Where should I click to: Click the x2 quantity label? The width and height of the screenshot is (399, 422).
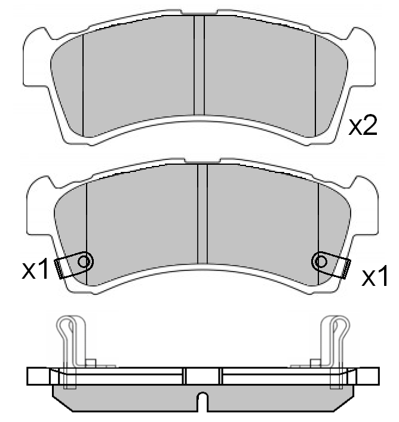363,126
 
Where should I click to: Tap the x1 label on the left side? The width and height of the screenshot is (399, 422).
35,269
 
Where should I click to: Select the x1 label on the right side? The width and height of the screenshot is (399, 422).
375,275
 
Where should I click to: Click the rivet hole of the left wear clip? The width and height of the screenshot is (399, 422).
84,261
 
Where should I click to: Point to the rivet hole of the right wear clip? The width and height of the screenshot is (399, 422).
321,261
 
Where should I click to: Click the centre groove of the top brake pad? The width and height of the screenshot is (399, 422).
199,65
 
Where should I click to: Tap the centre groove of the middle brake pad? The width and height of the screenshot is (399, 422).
202,214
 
